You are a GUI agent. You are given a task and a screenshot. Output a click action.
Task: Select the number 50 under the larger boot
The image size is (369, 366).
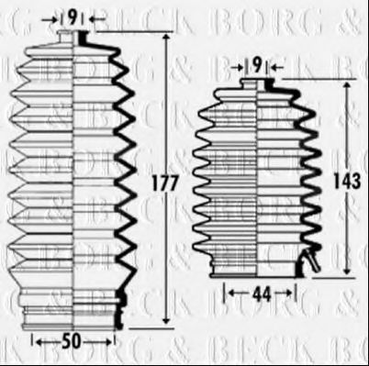coord(71,342)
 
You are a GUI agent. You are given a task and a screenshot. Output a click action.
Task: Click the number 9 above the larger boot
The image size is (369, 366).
coord(72,16)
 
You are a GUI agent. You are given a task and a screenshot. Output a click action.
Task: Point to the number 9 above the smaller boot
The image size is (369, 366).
coord(257,64)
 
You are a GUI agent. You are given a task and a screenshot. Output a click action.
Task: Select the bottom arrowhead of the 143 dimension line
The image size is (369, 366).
coord(347,272)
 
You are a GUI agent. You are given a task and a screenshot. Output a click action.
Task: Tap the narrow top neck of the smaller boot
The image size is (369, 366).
coord(258,85)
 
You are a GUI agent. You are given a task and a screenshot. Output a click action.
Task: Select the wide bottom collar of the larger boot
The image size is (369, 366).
coord(72,312)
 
